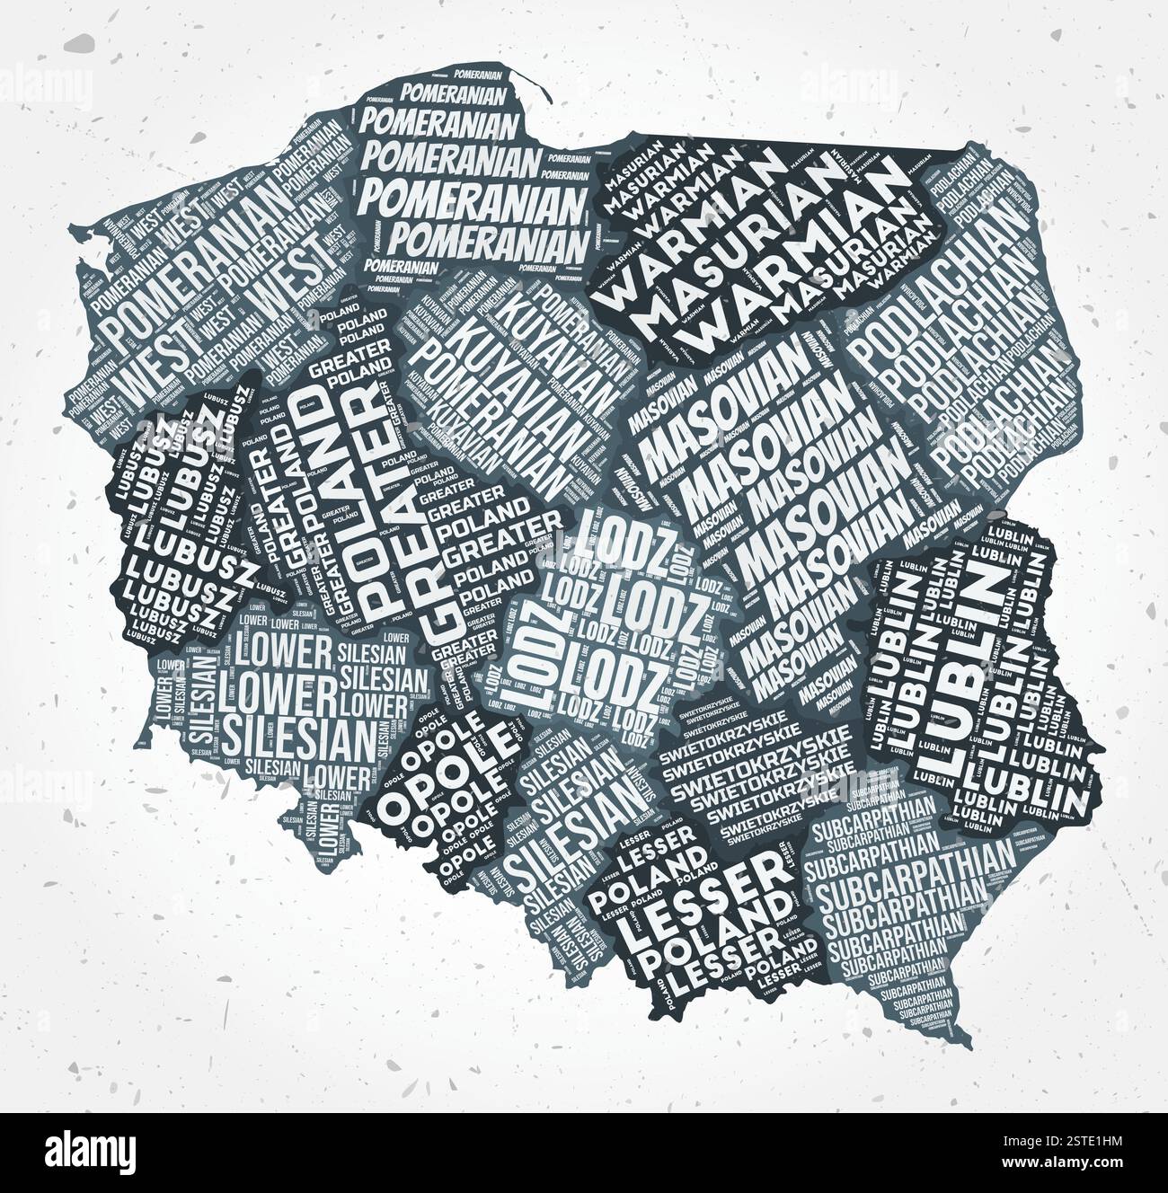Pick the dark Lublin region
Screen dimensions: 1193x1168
970,665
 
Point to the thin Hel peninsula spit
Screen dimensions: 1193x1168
530,85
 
